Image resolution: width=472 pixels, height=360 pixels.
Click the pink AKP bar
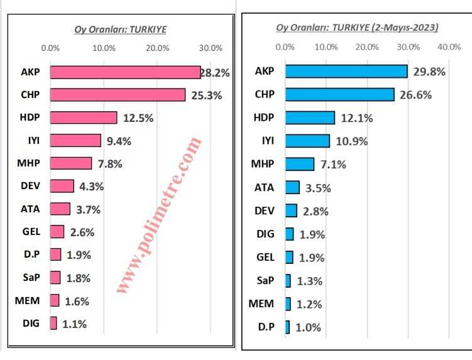pyautogui.click(x=125, y=72)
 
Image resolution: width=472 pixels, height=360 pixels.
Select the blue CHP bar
pyautogui.click(x=339, y=94)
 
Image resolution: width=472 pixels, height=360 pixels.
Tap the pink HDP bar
pyautogui.click(x=84, y=117)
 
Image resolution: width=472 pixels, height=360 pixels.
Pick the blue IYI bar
pyautogui.click(x=307, y=141)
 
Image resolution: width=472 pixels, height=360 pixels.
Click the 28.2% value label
pyautogui.click(x=215, y=73)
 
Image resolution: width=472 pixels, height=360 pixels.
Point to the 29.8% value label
pyautogui.click(x=430, y=72)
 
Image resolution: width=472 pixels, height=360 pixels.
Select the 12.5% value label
pyautogui.click(x=138, y=118)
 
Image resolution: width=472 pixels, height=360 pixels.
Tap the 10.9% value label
pyautogui.click(x=352, y=141)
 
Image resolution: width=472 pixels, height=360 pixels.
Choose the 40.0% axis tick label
pyautogui.click(x=449, y=47)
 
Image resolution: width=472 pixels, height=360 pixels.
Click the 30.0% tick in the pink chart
pyautogui.click(x=211, y=48)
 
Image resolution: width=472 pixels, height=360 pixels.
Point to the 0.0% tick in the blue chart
pyautogui.click(x=285, y=47)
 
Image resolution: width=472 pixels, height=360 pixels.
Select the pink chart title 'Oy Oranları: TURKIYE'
pyautogui.click(x=121, y=29)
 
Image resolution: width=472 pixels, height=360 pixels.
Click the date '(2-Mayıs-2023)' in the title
pyautogui.click(x=405, y=28)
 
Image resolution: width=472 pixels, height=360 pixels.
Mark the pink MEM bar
pyautogui.click(x=55, y=300)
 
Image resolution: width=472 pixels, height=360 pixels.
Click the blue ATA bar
pyautogui.click(x=292, y=187)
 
